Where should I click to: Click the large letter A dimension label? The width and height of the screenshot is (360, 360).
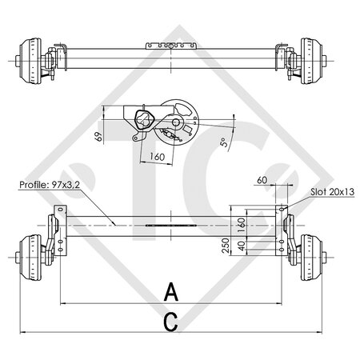pos(170,292)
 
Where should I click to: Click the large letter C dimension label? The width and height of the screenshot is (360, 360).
pos(170,322)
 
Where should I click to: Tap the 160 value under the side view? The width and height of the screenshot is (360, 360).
pos(156,158)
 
